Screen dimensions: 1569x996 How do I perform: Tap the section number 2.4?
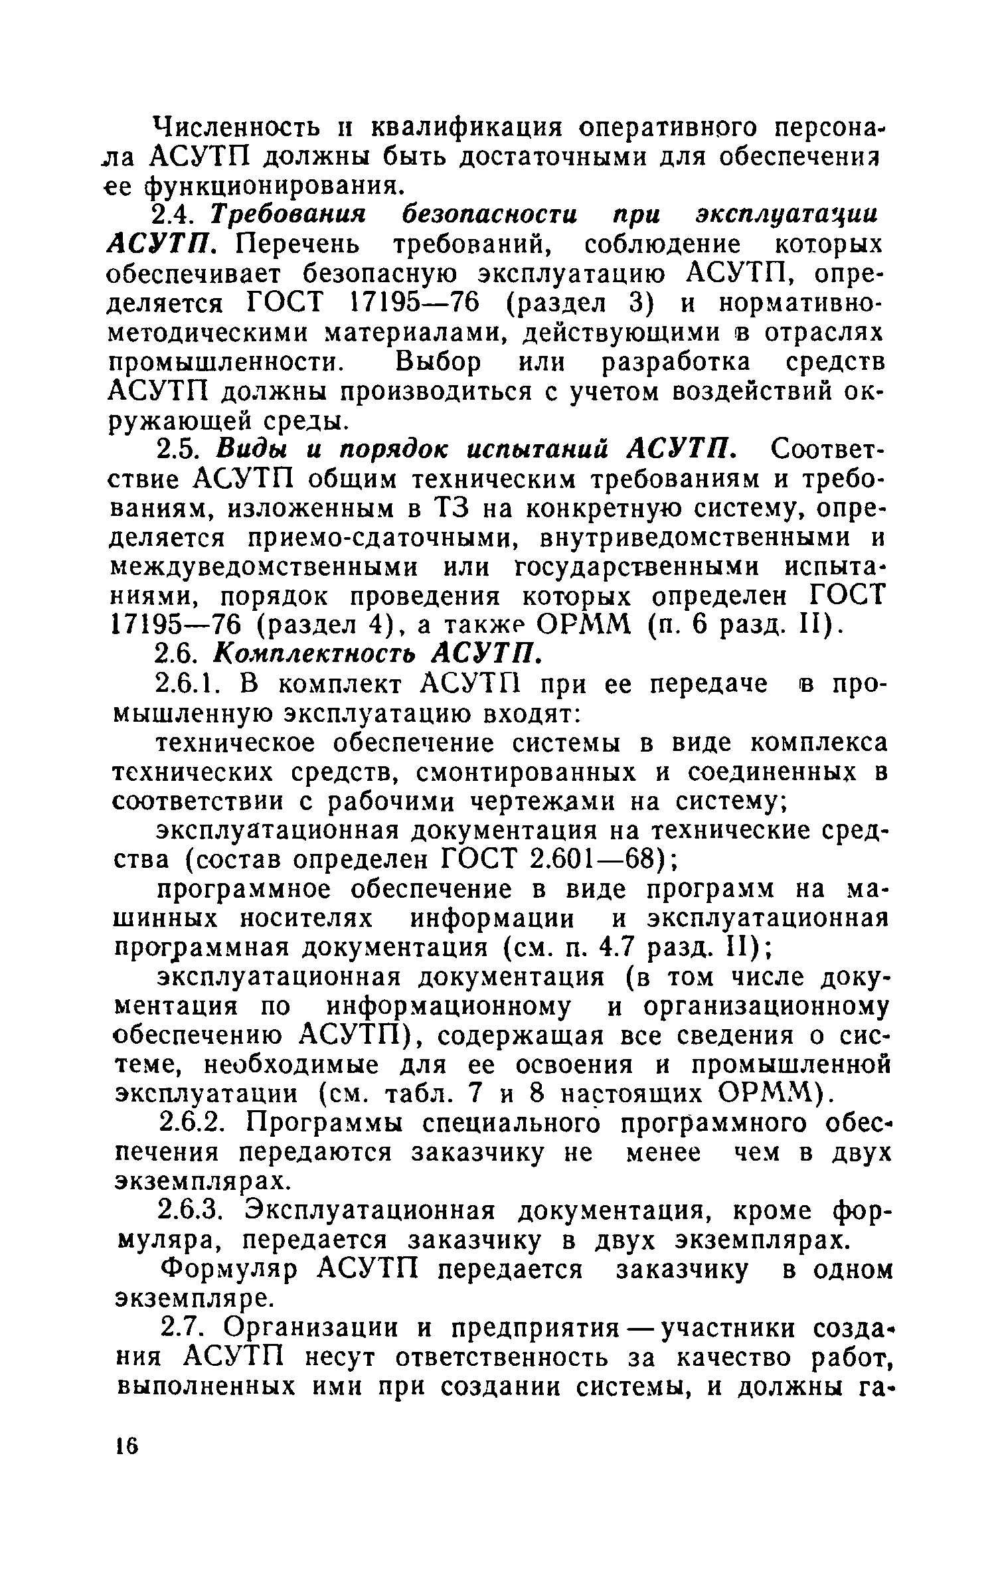pos(173,215)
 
